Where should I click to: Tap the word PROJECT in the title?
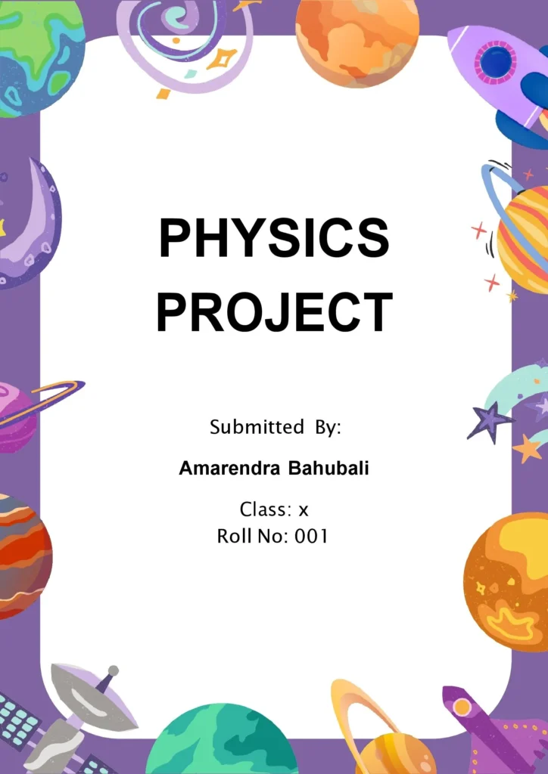(274, 311)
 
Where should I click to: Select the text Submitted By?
(276, 427)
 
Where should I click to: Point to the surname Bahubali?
(328, 469)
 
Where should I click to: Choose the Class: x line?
(274, 509)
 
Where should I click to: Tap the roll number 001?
(311, 537)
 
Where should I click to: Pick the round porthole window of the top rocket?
(496, 62)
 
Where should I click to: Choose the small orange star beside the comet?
(528, 448)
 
